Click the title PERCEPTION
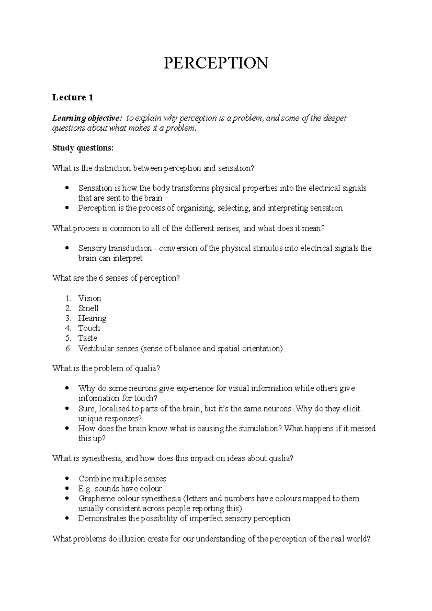(x=216, y=63)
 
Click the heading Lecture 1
(x=73, y=97)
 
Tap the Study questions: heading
(x=82, y=148)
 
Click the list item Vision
(x=90, y=298)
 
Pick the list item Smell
(x=88, y=308)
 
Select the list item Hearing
(x=92, y=318)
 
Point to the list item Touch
(x=89, y=328)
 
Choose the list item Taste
(x=87, y=338)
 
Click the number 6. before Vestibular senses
(x=68, y=348)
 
